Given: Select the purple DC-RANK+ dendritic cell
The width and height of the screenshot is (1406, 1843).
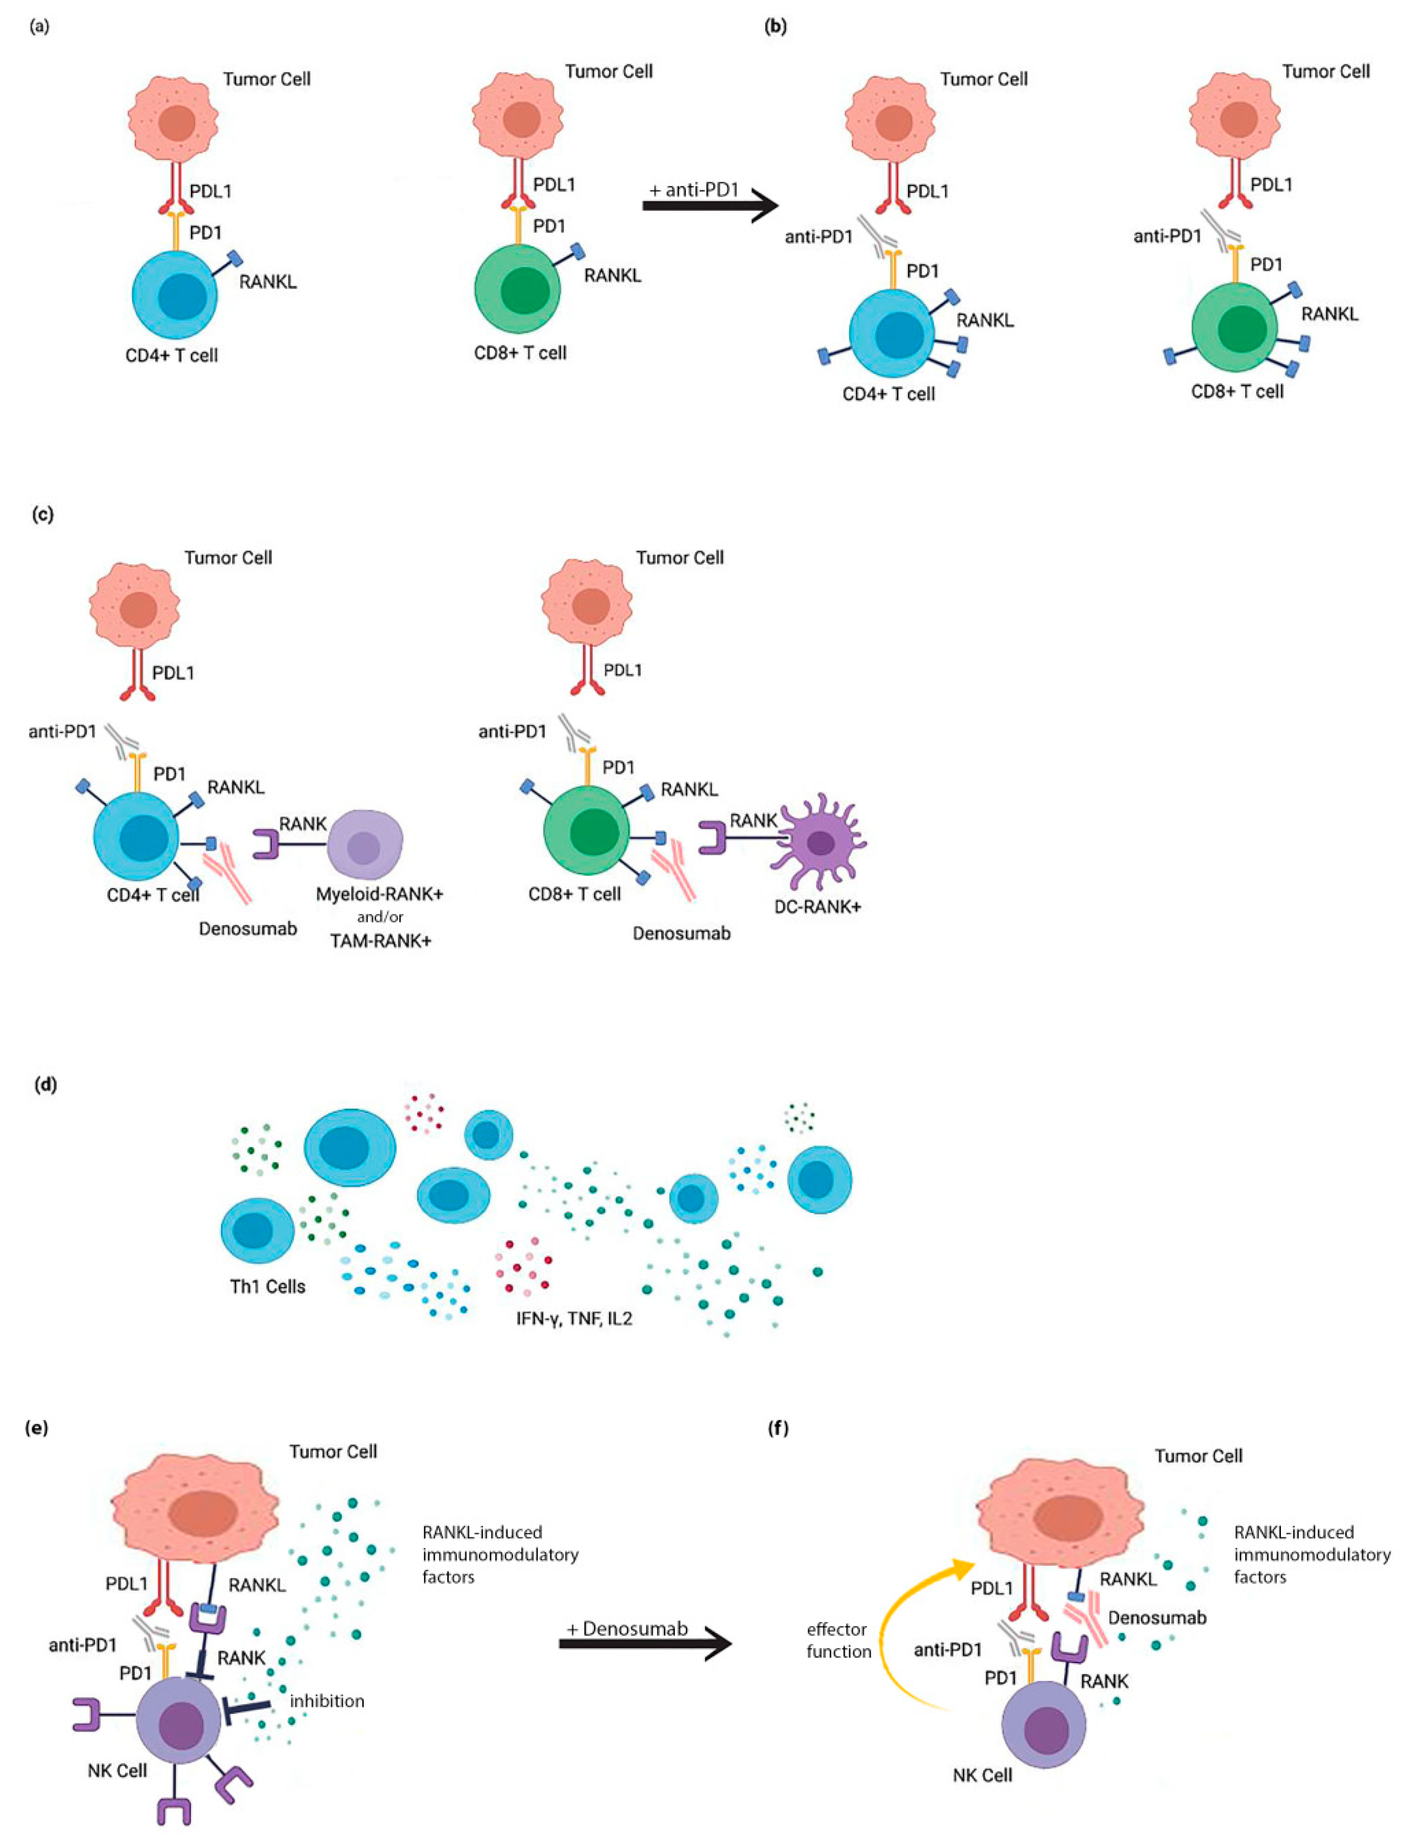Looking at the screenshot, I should [820, 843].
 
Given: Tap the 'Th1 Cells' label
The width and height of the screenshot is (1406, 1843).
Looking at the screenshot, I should [268, 1286].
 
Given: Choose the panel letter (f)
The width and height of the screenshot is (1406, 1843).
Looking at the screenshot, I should [777, 1428].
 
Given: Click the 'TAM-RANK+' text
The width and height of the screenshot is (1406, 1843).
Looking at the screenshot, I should [380, 940].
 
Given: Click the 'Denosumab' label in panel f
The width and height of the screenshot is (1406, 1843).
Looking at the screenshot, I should [1157, 1617].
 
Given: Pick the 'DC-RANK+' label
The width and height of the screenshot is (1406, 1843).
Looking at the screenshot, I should [817, 906].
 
